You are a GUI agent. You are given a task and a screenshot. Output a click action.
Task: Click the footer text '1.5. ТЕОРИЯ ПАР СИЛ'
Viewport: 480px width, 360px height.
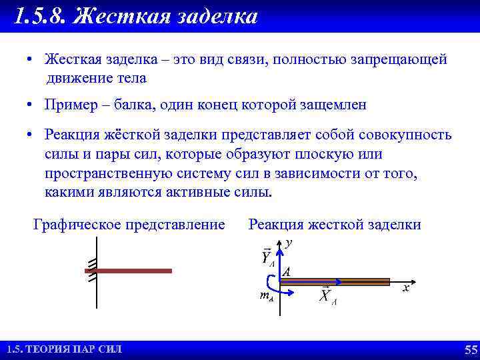(64, 350)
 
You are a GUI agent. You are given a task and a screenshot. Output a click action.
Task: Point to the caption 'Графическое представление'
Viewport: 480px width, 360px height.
(129, 225)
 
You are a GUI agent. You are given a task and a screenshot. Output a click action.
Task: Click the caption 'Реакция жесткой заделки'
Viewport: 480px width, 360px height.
(335, 225)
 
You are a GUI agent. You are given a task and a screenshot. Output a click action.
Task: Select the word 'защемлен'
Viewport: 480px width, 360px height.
(331, 105)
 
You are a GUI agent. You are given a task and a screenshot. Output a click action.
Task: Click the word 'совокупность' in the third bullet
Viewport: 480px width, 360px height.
(406, 135)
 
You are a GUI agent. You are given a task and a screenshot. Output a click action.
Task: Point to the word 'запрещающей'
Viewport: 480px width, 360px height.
(403, 60)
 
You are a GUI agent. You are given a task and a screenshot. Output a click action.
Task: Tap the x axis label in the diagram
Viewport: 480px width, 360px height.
(405, 288)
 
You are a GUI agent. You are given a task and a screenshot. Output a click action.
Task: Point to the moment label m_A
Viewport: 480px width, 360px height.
(266, 295)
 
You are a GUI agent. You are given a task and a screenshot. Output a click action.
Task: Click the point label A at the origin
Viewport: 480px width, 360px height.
(287, 272)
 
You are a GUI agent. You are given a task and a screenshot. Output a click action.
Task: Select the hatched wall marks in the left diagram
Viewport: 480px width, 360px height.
(93, 269)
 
